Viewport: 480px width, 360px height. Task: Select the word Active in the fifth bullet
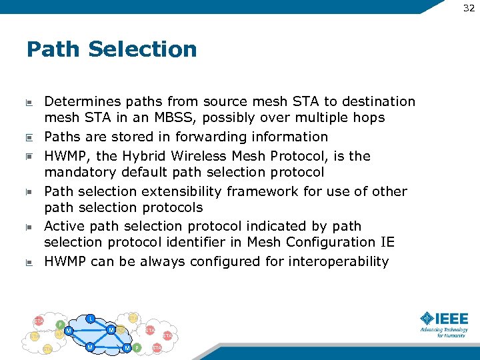click(x=64, y=226)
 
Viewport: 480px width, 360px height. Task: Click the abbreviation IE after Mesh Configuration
click(x=386, y=242)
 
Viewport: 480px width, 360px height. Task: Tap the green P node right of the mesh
click(x=137, y=347)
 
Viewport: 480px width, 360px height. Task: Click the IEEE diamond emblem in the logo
click(x=427, y=319)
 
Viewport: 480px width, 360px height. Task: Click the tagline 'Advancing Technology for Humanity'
click(x=444, y=332)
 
